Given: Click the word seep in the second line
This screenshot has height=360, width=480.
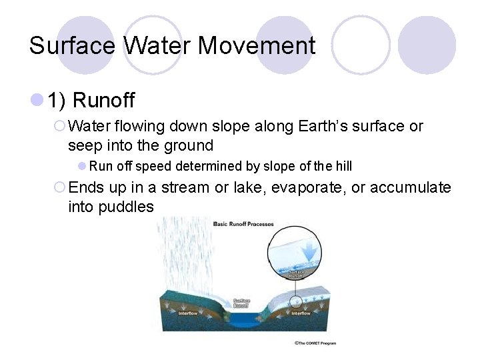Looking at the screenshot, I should (85, 145).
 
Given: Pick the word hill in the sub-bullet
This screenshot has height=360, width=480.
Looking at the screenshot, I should (342, 166).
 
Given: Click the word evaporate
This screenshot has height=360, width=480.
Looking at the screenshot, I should (308, 187).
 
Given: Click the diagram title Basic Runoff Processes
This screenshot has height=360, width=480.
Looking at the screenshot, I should (244, 224).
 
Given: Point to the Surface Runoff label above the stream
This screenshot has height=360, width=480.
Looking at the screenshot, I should (241, 303).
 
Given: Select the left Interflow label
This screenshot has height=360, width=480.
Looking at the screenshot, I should (187, 313).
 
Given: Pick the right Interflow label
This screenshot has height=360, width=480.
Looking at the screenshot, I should (301, 313).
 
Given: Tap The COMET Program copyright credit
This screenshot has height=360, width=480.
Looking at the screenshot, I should (315, 343).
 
